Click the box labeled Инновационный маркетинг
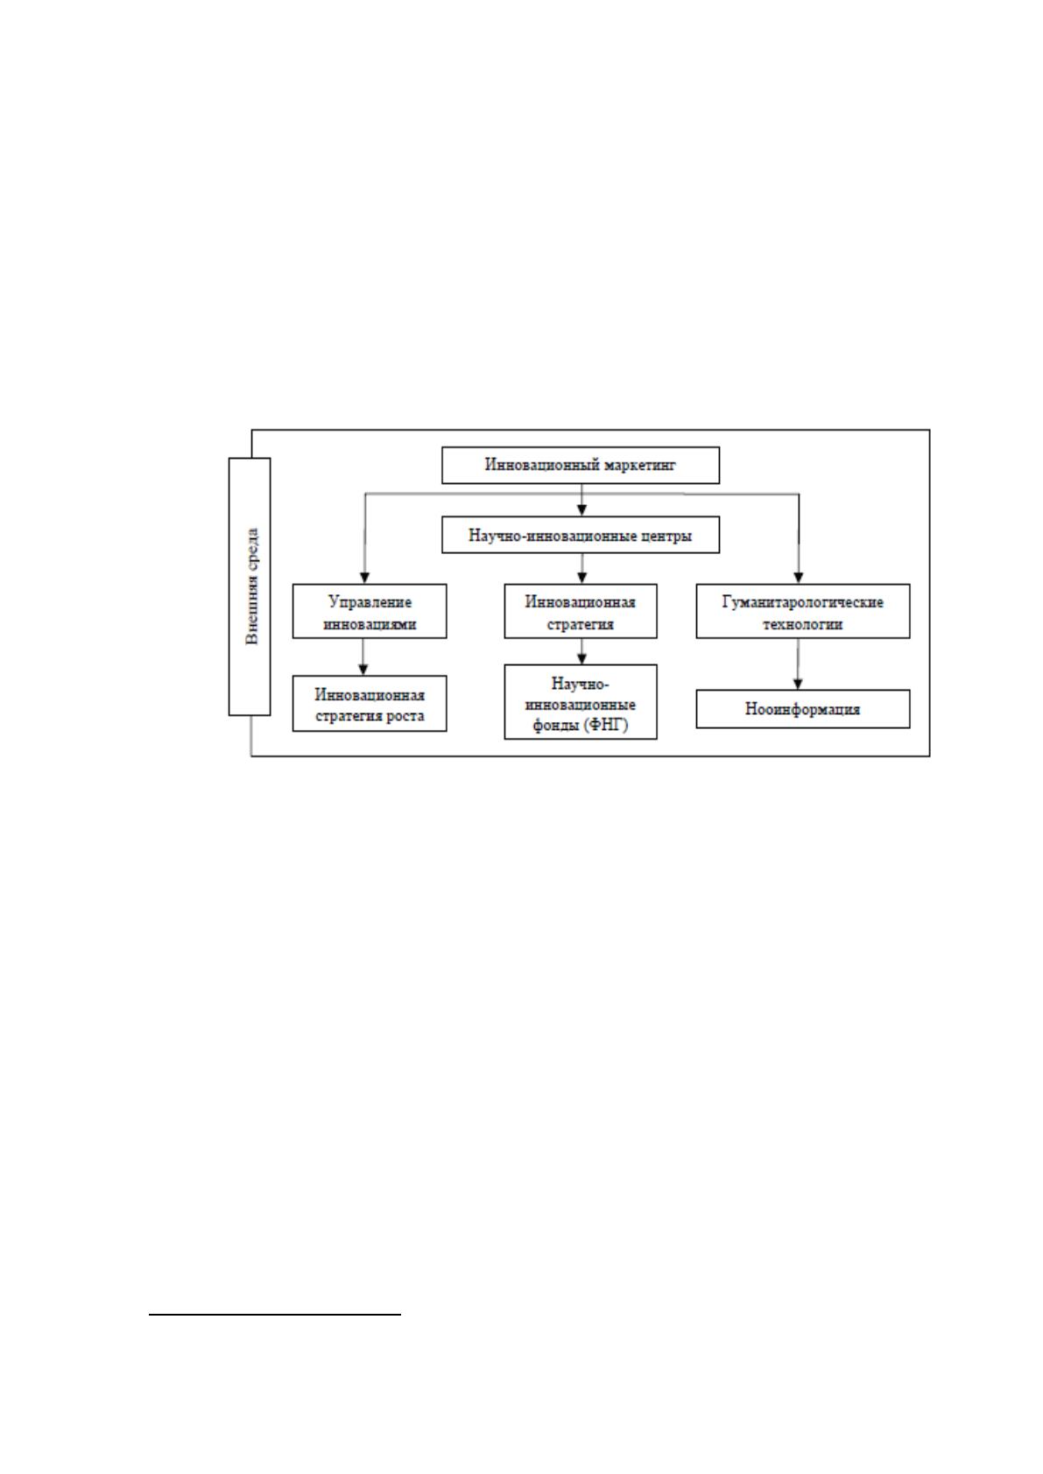580,466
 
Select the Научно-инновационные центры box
580,535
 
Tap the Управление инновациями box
370,611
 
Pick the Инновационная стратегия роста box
370,704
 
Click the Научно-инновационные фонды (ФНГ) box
580,702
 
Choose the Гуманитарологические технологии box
803,611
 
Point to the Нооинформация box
803,709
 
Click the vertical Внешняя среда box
250,586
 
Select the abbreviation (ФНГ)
606,726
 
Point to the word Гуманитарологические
803,602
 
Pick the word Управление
370,602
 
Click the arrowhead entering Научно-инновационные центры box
581,510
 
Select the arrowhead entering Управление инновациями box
364,578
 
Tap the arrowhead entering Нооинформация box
798,684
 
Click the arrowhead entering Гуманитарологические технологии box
799,578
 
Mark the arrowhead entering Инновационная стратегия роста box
363,670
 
